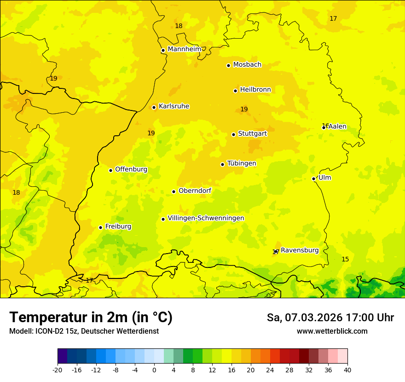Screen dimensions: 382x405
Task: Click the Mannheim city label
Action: tap(184, 49)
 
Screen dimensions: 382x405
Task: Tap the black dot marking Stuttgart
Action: tap(233, 134)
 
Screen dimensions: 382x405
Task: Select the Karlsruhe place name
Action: tap(174, 106)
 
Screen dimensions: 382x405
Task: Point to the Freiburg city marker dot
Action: tap(100, 227)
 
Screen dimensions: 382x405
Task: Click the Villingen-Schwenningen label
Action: tap(206, 218)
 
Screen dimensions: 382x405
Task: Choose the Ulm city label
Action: tap(324, 178)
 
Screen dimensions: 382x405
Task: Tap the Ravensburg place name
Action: tap(299, 250)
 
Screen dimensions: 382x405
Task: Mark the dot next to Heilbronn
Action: tap(235, 91)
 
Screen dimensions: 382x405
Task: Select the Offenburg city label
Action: tap(131, 169)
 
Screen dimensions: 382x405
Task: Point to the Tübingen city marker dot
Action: tap(222, 164)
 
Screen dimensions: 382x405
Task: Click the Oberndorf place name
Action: tap(195, 191)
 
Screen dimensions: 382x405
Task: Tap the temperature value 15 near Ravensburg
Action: tap(345, 260)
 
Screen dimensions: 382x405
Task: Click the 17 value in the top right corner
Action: tap(333, 19)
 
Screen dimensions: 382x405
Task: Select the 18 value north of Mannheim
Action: tap(179, 26)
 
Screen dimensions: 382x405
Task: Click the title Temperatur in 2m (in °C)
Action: tap(91, 318)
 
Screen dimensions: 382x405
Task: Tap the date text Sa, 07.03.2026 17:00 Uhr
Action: tap(330, 318)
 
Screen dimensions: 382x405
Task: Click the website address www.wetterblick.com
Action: tap(332, 331)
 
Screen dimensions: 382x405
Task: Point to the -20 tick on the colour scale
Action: tap(58, 370)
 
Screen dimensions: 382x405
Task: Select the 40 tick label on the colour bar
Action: tap(347, 370)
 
